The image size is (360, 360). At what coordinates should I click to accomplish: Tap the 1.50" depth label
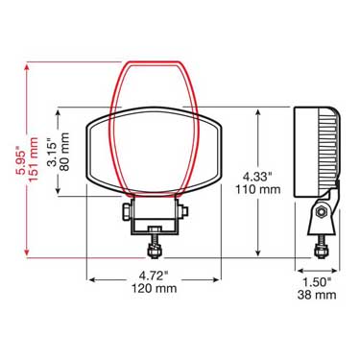click(316, 282)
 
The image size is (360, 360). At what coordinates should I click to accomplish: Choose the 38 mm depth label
click(316, 296)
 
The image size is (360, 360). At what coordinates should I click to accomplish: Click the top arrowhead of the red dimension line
click(27, 69)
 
